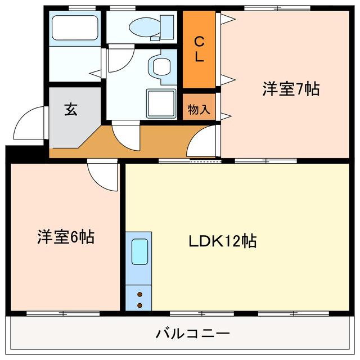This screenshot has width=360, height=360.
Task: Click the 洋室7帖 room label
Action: point(290,89)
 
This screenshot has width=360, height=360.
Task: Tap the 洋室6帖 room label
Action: point(65,237)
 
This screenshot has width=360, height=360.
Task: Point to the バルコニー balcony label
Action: point(192,334)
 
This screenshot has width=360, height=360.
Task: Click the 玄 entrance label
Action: point(70,109)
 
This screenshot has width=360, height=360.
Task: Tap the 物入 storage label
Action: point(199,110)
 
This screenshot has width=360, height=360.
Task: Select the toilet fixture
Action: point(152,26)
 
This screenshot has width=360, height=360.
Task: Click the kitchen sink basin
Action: point(139,251)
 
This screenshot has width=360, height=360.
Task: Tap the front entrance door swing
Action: point(29,125)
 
